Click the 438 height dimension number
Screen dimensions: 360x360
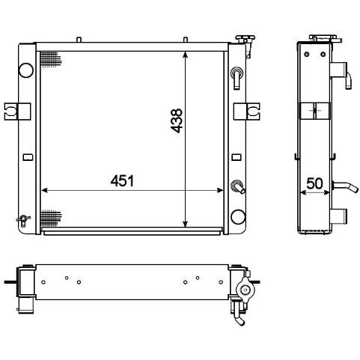177,120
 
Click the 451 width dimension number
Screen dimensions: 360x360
122,180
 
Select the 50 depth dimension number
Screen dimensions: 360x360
314,183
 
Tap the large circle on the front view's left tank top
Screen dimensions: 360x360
26,70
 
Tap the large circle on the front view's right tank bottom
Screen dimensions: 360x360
238,216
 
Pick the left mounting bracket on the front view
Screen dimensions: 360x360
17,112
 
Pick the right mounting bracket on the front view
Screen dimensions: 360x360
247,112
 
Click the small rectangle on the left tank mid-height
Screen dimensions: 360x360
28,157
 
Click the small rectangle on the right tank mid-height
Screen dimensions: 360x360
237,157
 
